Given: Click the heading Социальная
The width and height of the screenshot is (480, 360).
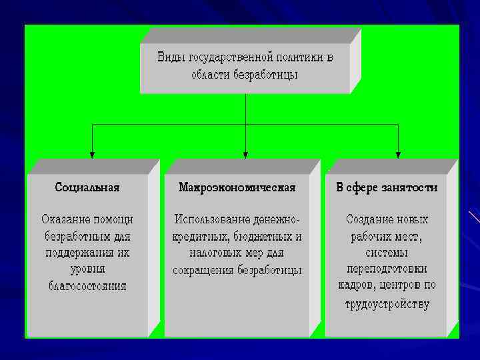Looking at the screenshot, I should (x=87, y=187).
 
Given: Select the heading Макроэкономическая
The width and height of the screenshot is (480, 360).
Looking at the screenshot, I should (x=237, y=187).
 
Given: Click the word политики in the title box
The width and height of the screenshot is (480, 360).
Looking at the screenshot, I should (x=294, y=57).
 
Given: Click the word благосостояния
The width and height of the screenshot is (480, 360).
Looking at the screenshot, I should (x=87, y=287).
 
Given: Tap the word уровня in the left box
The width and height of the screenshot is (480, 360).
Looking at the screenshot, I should (x=87, y=269).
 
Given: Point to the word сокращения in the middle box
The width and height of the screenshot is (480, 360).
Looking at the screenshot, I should (x=201, y=271).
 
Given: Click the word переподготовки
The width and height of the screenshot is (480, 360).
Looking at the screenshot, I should (x=387, y=269).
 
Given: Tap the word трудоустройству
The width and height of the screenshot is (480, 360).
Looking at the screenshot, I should (x=387, y=304).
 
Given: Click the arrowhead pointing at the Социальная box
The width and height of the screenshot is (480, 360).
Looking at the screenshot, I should (x=92, y=153).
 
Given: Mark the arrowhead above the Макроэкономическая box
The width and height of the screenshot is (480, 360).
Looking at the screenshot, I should (x=245, y=153).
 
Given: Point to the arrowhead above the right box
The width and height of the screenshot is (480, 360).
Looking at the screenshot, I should (x=399, y=153).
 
